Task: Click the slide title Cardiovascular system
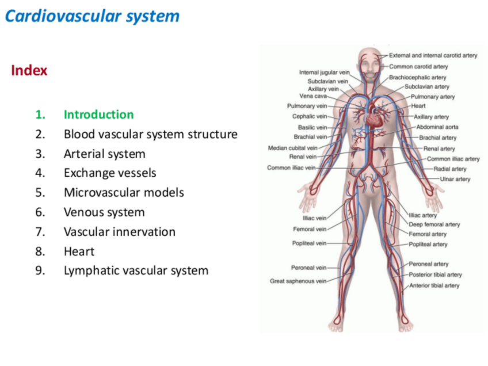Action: click(x=92, y=16)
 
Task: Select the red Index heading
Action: click(x=29, y=71)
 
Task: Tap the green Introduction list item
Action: click(x=98, y=115)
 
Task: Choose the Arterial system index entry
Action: click(x=104, y=154)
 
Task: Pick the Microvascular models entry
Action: click(x=124, y=193)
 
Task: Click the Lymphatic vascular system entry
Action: click(x=136, y=270)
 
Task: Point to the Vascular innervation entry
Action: click(x=119, y=232)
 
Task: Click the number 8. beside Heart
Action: click(x=40, y=251)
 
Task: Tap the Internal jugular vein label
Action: click(x=324, y=73)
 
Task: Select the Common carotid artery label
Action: click(x=418, y=67)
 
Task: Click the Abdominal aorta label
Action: click(x=437, y=127)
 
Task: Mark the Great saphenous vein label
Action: click(x=298, y=281)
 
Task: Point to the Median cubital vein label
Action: click(x=292, y=148)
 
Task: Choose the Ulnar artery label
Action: click(x=455, y=179)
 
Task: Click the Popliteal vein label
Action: click(x=309, y=243)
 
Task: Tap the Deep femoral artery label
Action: click(x=434, y=224)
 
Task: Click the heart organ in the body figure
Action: click(x=375, y=119)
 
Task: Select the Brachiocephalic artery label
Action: click(x=417, y=77)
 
